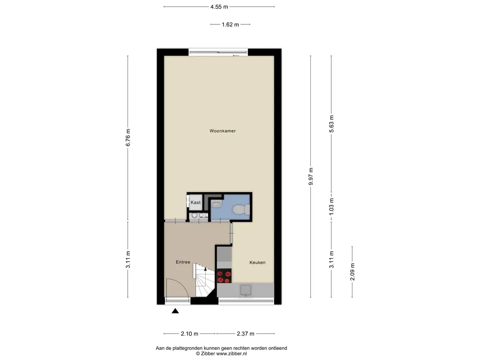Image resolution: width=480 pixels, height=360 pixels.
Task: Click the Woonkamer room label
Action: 223,131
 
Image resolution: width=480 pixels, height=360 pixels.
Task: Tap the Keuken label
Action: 257,262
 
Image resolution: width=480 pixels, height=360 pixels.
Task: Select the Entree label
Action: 183,262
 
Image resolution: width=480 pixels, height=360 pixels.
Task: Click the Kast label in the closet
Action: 195,202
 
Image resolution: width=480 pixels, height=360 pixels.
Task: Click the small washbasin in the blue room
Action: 217,203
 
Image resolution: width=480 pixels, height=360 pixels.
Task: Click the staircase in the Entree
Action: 204,280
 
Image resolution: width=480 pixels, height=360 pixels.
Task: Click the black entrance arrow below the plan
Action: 175,311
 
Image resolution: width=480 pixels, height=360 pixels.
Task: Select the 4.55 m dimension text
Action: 219,7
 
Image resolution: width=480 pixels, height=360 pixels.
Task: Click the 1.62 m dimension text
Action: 230,24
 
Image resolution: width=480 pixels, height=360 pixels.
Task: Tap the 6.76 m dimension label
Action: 128,137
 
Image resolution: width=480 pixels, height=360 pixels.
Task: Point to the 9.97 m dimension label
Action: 311,176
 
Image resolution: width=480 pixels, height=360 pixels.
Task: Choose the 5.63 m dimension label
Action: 331,124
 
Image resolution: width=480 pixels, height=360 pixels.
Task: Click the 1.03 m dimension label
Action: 331,207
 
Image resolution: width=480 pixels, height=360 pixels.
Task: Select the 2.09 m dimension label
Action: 352,272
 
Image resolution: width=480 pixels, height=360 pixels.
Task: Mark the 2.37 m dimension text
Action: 246,334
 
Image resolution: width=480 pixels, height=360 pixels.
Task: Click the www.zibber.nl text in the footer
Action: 232,353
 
